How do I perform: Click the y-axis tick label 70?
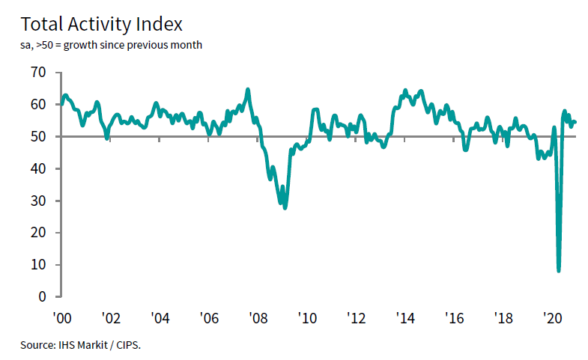38,73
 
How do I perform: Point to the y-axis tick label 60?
38,105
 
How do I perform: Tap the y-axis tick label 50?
38,137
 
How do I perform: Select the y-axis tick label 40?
38,169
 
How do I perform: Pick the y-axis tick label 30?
38,201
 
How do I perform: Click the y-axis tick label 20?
38,233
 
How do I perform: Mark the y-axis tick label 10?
38,265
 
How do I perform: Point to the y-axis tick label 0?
42,297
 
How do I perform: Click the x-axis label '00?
61,317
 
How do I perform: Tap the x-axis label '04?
160,317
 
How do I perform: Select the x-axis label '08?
258,317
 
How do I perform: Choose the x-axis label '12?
356,317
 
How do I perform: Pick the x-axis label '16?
454,317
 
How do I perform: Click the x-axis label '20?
552,317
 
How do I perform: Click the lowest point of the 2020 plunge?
559,270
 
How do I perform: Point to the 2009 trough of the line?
285,207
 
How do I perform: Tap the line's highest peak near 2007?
248,90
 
